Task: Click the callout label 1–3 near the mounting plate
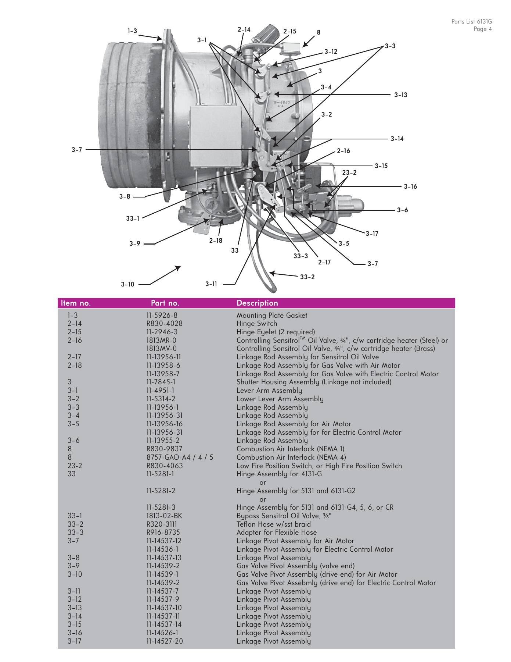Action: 132,31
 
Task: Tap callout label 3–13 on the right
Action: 401,95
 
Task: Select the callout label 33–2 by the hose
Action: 307,277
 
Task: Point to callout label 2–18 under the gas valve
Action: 216,241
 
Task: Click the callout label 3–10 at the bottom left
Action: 127,284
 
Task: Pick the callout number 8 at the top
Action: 319,32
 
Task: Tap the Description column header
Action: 257,303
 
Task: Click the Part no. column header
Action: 165,303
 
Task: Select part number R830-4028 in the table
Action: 164,324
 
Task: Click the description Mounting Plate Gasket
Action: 271,315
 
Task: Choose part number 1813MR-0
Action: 161,340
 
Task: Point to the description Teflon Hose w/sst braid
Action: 273,524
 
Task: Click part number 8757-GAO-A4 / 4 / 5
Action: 179,457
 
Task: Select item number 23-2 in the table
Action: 75,466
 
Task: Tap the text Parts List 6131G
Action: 471,22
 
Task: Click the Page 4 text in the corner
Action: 482,29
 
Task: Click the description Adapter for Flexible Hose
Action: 276,532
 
